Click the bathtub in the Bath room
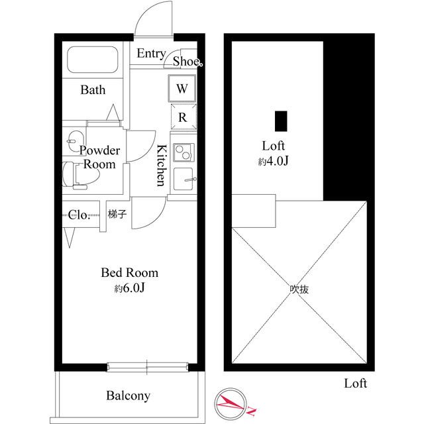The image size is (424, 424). (x=93, y=60)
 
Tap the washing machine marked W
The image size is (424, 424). (x=182, y=88)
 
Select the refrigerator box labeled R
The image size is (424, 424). (x=184, y=117)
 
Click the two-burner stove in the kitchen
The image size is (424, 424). (x=184, y=152)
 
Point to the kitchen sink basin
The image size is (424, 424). (x=184, y=179)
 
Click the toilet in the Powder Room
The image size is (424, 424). (x=80, y=174)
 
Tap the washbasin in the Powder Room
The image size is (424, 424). (x=76, y=141)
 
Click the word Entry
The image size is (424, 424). (x=151, y=53)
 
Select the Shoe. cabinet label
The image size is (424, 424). (x=187, y=62)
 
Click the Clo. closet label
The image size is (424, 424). (x=79, y=215)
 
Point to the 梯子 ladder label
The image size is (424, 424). (x=117, y=214)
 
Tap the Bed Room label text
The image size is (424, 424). (x=130, y=272)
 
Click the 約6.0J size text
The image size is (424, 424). (x=130, y=288)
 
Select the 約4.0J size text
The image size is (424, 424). (x=274, y=161)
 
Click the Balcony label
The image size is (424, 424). (x=128, y=396)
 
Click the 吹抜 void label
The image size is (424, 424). (x=299, y=290)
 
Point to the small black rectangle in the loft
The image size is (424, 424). (x=281, y=121)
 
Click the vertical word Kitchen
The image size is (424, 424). (x=162, y=165)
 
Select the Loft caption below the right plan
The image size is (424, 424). (x=355, y=384)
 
